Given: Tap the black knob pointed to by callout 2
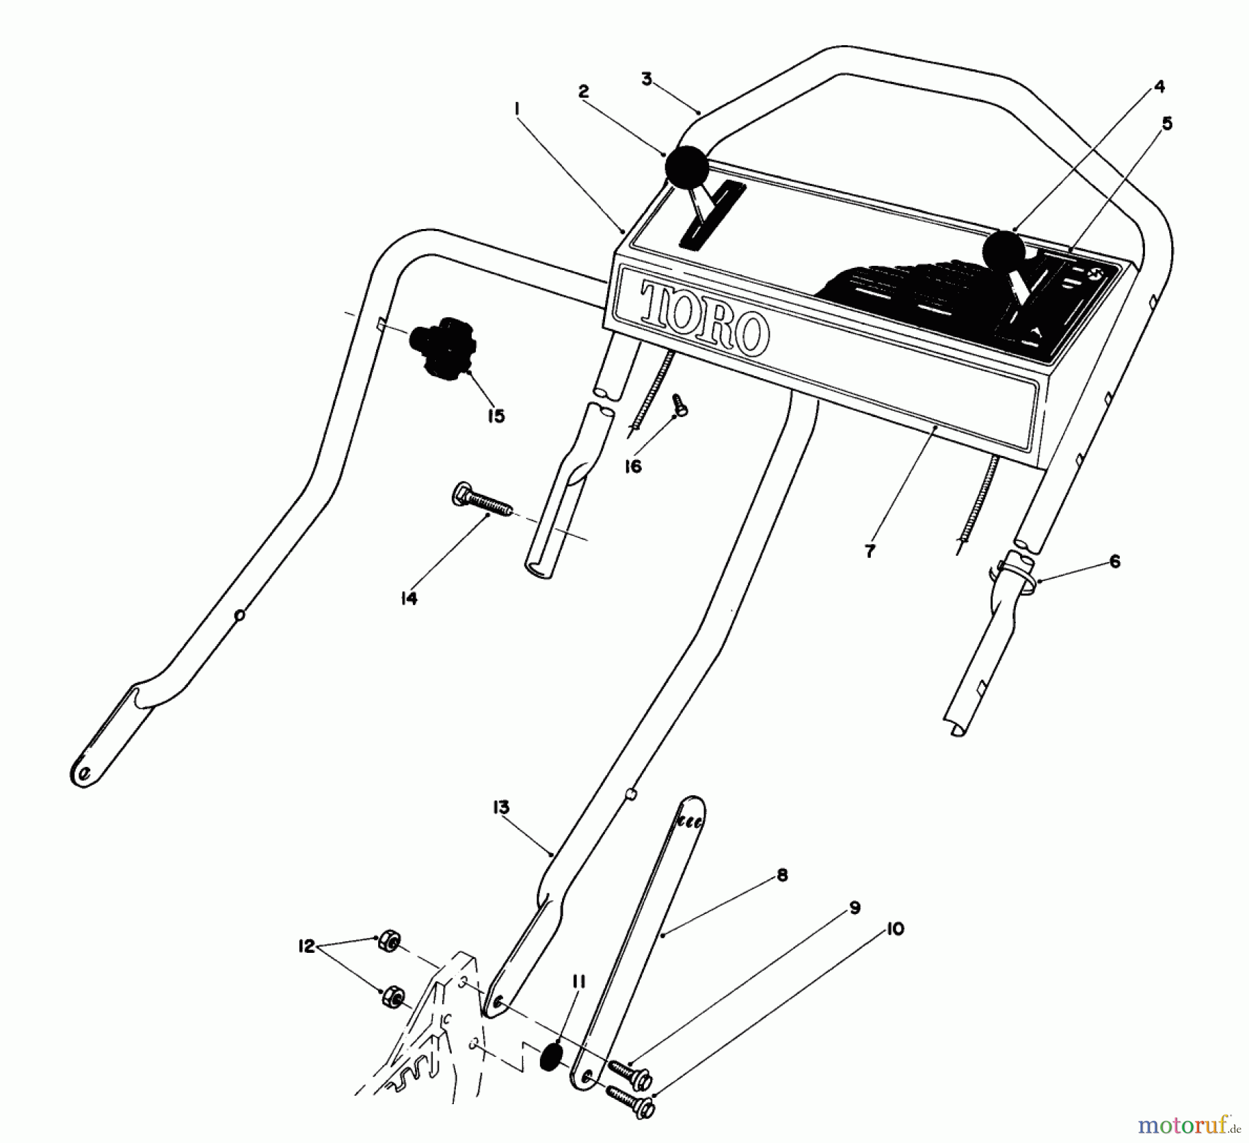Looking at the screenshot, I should (687, 167).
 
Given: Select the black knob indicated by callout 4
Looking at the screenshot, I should (1003, 251).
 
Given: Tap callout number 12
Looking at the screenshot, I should (305, 945).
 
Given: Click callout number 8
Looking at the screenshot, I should (782, 875).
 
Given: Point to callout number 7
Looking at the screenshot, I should (870, 551).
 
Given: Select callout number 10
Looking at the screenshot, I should (895, 929).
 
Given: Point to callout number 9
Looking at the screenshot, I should (855, 907).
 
